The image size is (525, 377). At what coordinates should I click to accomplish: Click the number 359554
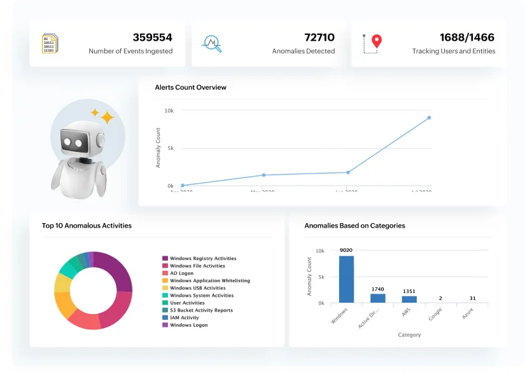point(152,38)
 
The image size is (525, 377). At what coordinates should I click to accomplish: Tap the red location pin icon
point(377,41)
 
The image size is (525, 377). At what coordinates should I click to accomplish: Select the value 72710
point(319,38)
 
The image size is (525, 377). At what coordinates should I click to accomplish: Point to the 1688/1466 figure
point(467,38)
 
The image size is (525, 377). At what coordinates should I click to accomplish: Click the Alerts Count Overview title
point(190,87)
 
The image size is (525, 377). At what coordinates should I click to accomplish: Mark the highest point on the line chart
point(429,118)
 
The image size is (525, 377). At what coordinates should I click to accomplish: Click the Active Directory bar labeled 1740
point(378,298)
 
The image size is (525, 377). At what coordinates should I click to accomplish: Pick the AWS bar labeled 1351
point(409,299)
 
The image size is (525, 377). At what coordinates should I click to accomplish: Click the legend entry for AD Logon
point(181,273)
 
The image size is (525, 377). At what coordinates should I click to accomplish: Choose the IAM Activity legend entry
point(184,318)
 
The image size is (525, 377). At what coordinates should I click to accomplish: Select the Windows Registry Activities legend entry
point(202,259)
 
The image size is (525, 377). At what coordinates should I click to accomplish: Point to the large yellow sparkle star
point(106,118)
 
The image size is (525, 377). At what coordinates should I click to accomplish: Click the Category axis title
point(409,334)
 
